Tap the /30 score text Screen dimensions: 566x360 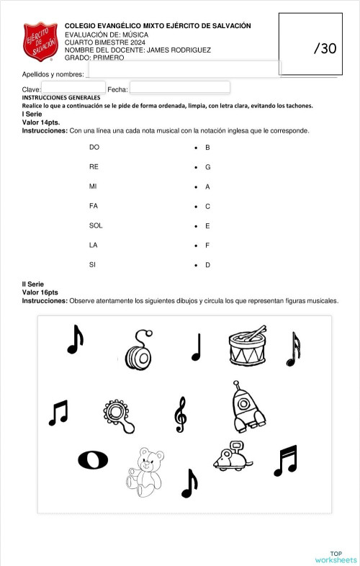coord(325,48)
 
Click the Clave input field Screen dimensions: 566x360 coord(73,87)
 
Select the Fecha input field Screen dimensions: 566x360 coord(179,87)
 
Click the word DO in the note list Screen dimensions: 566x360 coord(94,148)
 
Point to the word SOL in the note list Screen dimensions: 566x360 coord(96,225)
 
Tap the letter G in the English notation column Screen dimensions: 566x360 coord(207,167)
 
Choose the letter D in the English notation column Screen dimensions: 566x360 coord(207,265)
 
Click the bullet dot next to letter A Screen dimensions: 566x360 coord(196,187)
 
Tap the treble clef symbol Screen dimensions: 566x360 coord(180,414)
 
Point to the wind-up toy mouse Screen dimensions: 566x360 coord(232,455)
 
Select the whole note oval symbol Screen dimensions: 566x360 coord(93,459)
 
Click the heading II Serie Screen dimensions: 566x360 coord(33,285)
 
